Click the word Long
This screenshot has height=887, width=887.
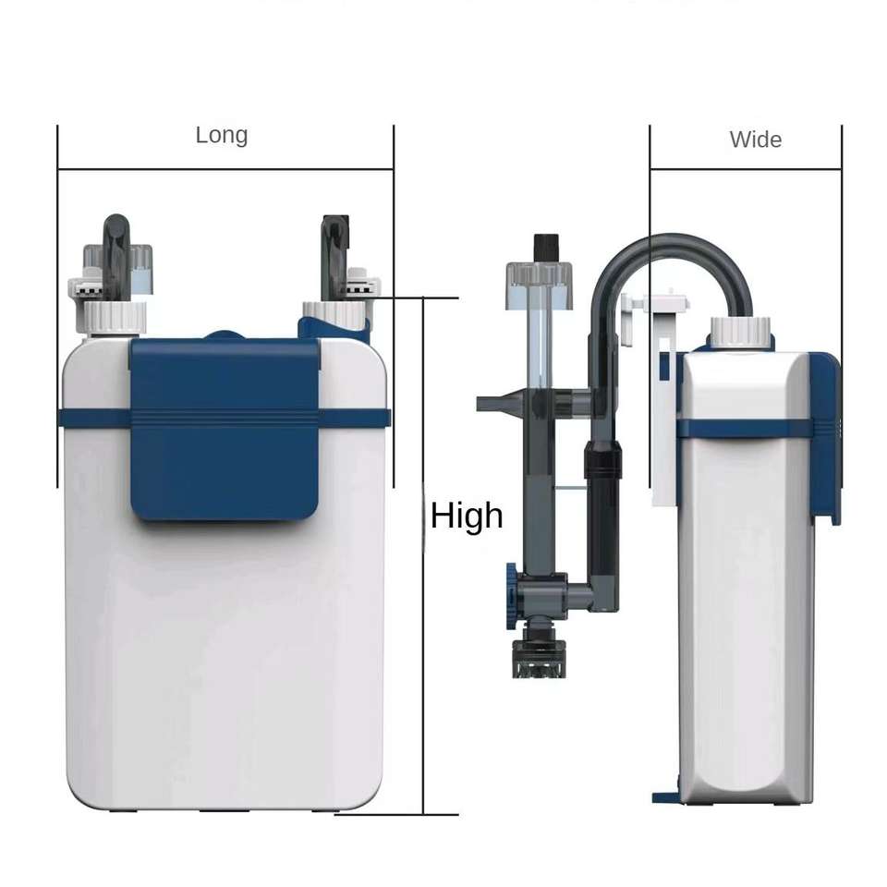coord(222,135)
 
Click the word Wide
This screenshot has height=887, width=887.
coord(756,140)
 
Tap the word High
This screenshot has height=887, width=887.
coord(467,516)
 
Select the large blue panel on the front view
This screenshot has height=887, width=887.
coord(225,429)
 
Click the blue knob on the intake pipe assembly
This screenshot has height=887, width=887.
coord(511,596)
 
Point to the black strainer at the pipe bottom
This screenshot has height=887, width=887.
coord(539,658)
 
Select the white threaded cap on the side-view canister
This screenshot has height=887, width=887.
coord(740,332)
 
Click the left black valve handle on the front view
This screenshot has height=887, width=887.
coord(116,255)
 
